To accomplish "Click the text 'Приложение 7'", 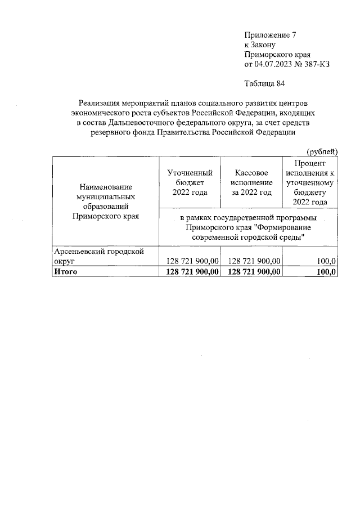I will (x=269, y=34).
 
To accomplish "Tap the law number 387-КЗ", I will (x=316, y=65).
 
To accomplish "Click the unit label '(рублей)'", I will (x=322, y=151).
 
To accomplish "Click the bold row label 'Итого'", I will (x=65, y=272).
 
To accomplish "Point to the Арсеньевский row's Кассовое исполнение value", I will (x=253, y=261).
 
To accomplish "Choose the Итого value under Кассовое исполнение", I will (x=253, y=272).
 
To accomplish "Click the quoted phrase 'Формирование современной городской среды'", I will (x=248, y=232).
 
